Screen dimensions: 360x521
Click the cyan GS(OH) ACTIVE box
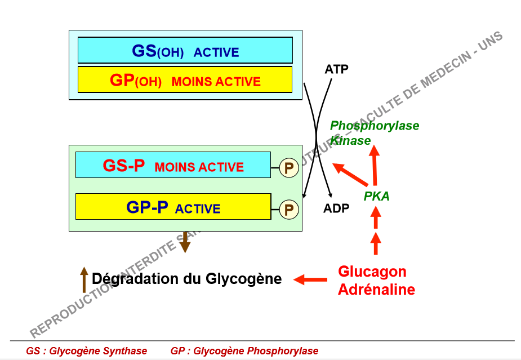185,50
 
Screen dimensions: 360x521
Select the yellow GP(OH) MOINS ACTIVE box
185,79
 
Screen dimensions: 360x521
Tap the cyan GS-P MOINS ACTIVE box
173,165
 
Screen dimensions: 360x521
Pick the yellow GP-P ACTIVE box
173,207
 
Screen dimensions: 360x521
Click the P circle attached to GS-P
290,168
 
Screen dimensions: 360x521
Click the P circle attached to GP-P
289,210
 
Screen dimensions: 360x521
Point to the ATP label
336,69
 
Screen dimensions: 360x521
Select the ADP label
336,208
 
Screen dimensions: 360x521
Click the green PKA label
377,196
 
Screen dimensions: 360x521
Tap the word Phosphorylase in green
375,126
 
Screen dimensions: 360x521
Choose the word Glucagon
372,272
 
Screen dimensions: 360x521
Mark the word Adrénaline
376,290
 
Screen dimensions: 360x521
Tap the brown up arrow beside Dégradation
84,279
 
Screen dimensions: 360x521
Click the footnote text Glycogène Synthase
99,351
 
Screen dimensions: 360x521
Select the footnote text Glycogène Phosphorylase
256,351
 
